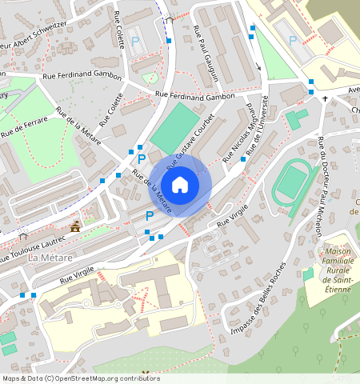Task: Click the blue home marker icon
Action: [180, 186]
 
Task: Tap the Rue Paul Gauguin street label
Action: [206, 54]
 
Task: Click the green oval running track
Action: [294, 182]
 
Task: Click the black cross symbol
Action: [325, 99]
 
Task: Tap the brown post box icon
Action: [76, 227]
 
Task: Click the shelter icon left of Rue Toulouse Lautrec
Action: [24, 236]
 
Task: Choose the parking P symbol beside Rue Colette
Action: [134, 41]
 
